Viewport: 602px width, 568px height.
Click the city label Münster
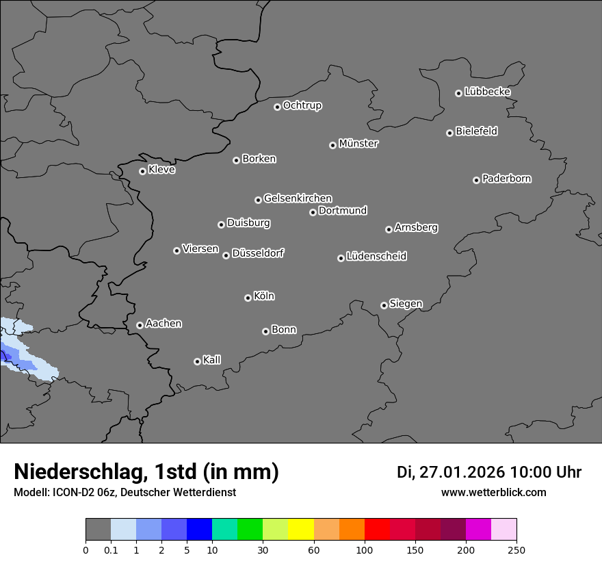coord(358,144)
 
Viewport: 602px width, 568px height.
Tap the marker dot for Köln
coord(248,298)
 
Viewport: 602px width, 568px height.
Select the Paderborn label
coord(507,179)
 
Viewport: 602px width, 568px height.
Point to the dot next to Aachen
coord(140,325)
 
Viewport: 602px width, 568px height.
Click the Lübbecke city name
coord(488,92)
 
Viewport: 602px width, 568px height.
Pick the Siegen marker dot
coord(384,305)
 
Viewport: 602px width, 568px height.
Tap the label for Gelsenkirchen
coord(298,198)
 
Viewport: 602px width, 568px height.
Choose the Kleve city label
coord(162,170)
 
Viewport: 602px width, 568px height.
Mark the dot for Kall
coord(197,361)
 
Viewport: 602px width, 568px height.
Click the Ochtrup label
coord(302,105)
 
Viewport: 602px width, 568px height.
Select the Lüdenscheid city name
coord(377,257)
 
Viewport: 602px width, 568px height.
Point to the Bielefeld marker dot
coord(449,133)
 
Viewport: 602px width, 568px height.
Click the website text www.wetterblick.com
coord(494,492)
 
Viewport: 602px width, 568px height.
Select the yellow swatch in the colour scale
coord(301,530)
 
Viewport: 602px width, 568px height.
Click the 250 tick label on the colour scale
coord(516,550)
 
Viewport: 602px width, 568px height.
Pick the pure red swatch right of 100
coord(377,530)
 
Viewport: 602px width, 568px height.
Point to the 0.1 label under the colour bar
coord(111,550)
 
